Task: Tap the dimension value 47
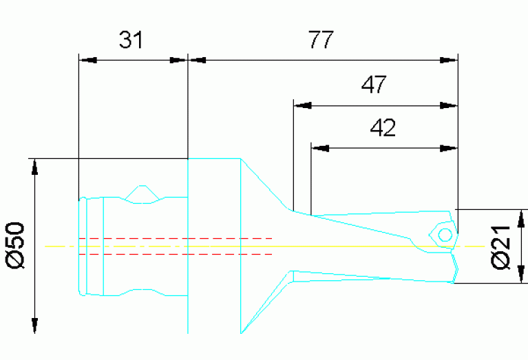point(374,86)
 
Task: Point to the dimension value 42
point(383,128)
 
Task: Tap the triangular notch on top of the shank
point(142,194)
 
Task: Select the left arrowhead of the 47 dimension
point(302,106)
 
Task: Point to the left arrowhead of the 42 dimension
point(319,147)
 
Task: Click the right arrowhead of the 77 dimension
point(449,60)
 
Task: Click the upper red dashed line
point(176,238)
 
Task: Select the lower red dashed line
point(176,254)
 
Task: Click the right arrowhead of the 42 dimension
point(449,147)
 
